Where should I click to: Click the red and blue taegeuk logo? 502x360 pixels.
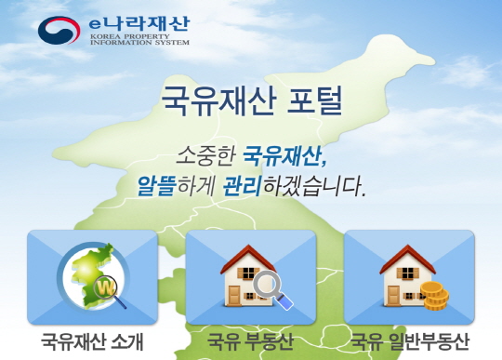click(59, 30)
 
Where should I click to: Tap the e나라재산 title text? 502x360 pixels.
click(139, 24)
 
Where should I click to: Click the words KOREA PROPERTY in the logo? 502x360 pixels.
click(129, 36)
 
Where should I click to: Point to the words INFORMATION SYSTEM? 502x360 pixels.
click(139, 42)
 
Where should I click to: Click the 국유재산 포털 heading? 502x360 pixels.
click(251, 100)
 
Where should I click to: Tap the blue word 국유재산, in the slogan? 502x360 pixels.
click(285, 156)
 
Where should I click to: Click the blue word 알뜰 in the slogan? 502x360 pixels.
click(156, 185)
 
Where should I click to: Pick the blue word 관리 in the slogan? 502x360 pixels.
click(242, 185)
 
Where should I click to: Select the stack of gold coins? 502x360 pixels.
click(434, 296)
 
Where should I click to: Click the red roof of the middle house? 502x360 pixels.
click(247, 259)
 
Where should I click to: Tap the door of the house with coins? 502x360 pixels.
click(393, 296)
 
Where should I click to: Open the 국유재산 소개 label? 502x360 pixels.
click(92, 341)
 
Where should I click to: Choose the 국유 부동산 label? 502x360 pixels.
click(250, 341)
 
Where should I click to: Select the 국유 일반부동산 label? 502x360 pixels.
click(409, 341)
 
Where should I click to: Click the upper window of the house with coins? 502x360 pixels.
click(407, 273)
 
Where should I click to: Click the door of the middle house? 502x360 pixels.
click(234, 296)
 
